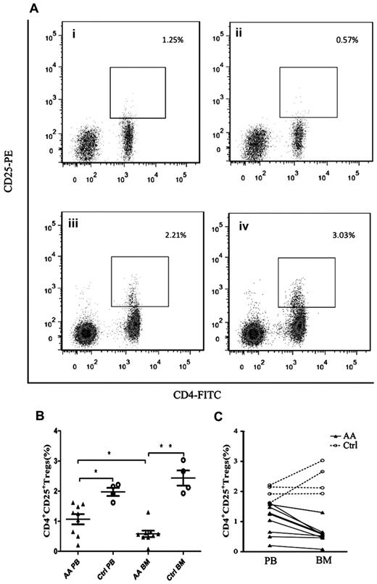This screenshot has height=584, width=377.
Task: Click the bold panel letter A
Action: point(33,9)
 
